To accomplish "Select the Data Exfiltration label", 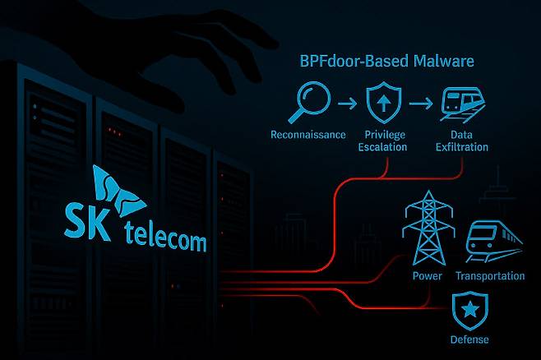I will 460,141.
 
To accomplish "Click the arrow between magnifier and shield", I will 348,104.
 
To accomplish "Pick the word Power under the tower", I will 427,276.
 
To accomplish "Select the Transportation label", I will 490,276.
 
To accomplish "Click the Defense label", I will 469,339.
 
